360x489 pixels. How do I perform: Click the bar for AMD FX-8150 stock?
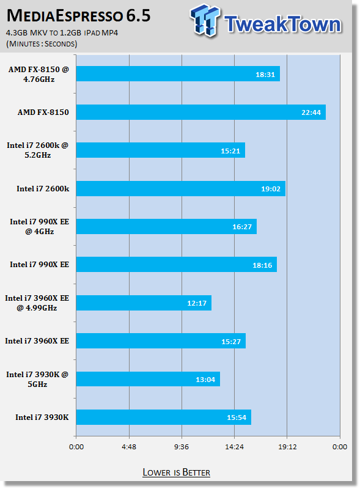201,112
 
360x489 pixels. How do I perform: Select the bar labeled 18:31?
178,73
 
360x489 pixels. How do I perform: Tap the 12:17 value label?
197,303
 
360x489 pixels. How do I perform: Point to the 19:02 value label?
271,189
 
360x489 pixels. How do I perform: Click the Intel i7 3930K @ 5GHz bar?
148,379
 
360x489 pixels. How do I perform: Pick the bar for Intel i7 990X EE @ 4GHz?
167,226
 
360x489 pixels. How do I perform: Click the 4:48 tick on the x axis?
129,447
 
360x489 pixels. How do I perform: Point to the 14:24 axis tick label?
234,447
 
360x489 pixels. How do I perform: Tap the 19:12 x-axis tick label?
287,447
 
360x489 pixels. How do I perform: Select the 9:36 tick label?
182,447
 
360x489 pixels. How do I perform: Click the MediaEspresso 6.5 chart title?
79,16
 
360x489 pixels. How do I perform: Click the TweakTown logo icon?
205,20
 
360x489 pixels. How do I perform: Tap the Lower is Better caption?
176,472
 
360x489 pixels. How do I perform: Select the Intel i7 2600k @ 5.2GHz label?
37,150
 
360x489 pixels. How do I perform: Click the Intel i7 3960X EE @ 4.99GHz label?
37,303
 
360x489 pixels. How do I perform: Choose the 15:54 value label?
237,417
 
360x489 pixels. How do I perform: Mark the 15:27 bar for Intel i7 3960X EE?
161,340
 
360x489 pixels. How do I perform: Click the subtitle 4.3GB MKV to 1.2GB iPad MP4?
62,33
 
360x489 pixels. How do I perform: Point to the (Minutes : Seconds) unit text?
42,43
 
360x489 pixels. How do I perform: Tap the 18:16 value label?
262,265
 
